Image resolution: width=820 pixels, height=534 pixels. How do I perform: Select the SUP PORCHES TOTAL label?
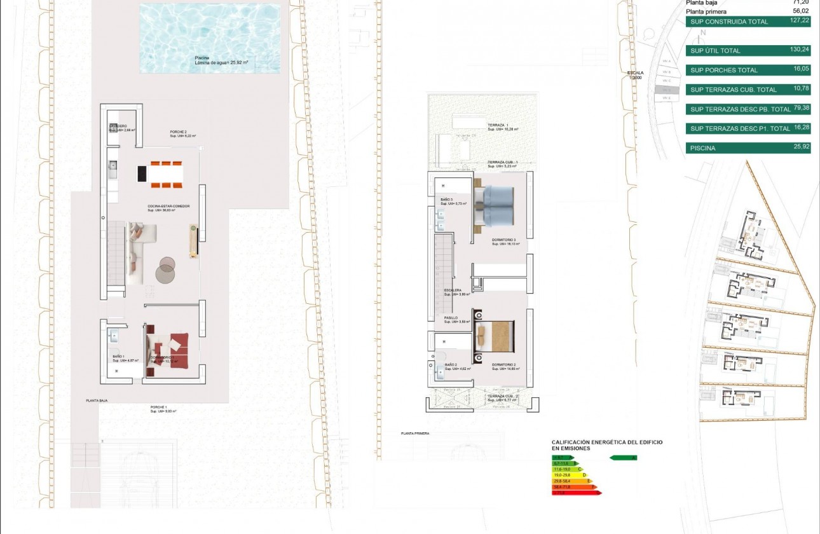[724, 71]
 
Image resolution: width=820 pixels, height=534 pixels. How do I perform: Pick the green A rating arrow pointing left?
[623, 457]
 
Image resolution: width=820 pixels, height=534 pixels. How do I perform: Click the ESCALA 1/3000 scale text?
[636, 75]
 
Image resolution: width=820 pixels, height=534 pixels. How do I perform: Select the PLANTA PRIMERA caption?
[415, 433]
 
